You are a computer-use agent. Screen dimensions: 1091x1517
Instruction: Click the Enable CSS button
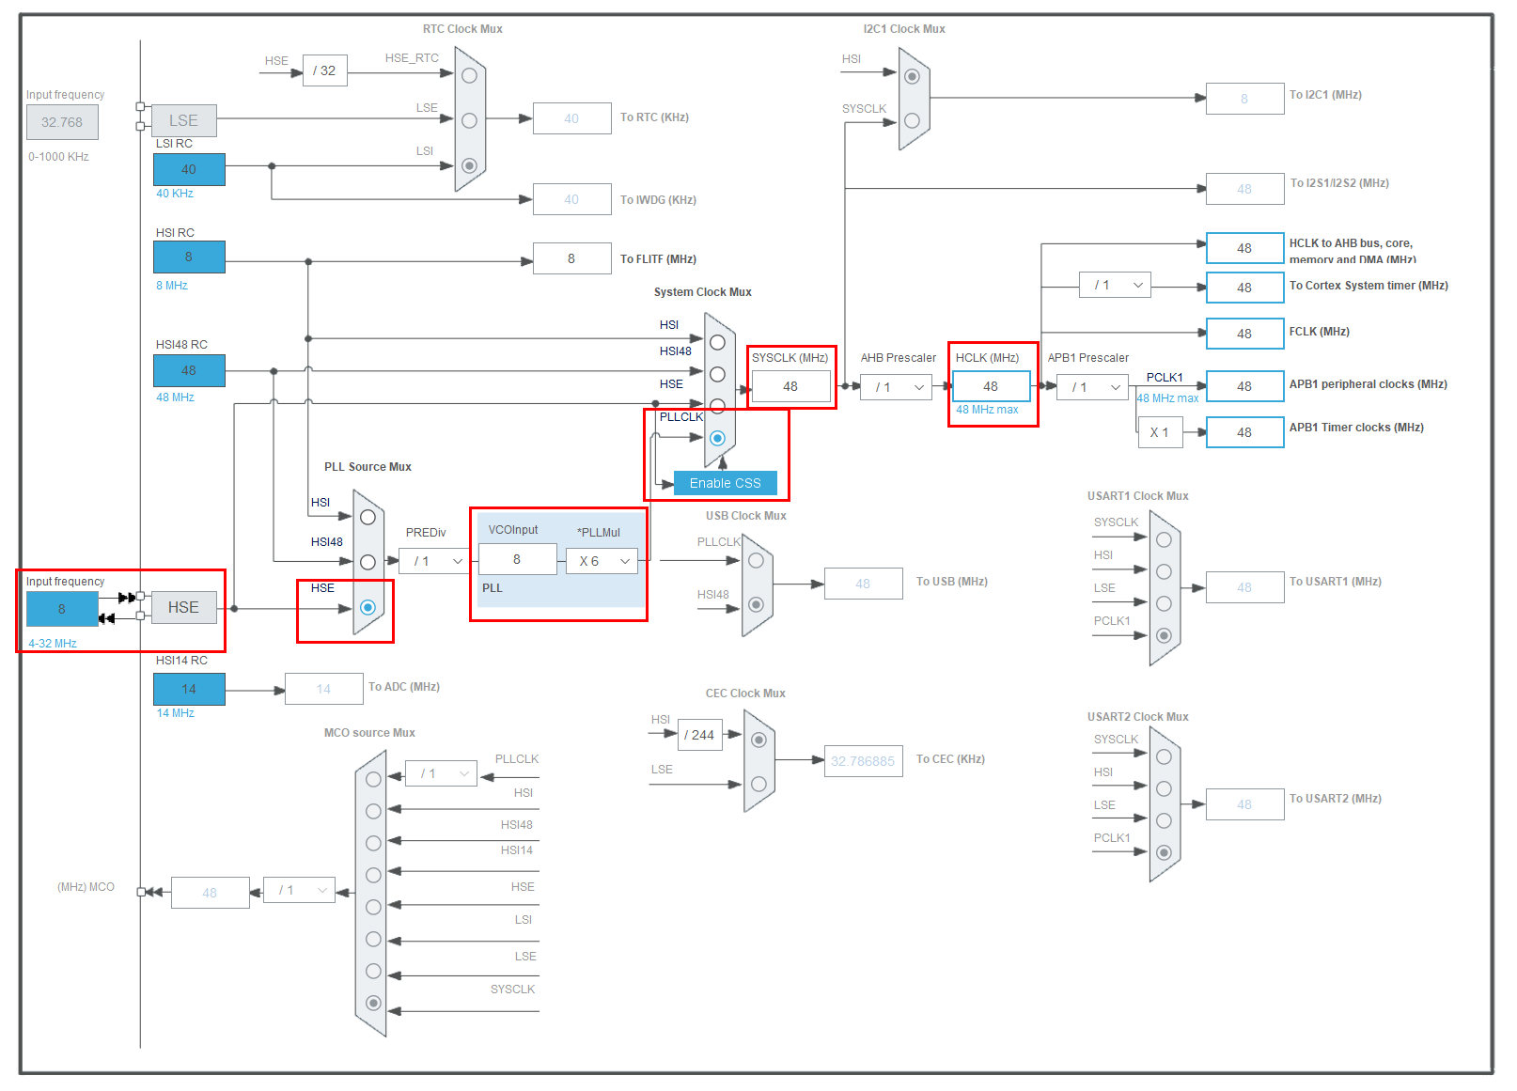click(725, 483)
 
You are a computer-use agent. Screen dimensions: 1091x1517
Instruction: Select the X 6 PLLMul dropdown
click(602, 561)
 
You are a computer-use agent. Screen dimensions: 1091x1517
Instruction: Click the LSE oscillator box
click(183, 120)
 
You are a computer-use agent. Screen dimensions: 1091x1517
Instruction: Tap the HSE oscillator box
click(183, 607)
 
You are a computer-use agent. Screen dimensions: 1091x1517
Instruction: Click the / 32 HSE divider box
click(324, 70)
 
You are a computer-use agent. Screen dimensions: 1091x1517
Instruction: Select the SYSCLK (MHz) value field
click(790, 386)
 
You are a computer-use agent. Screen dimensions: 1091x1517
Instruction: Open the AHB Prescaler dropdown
click(896, 387)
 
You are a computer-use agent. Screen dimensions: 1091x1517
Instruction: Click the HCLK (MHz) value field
click(991, 386)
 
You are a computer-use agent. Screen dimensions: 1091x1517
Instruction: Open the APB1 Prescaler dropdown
click(1092, 387)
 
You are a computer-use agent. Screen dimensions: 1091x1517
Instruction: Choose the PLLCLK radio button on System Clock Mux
click(718, 438)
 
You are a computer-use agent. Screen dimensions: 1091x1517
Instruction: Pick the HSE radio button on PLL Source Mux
click(368, 607)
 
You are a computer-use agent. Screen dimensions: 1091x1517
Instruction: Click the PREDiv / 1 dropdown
click(434, 561)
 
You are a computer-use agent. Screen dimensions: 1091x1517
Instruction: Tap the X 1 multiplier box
click(1160, 432)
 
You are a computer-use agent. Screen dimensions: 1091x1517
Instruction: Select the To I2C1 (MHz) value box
click(1244, 99)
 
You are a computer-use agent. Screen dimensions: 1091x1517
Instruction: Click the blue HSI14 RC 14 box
click(189, 689)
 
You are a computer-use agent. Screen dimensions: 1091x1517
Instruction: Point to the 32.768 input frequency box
click(62, 122)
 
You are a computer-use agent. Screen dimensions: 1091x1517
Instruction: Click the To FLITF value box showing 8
click(571, 258)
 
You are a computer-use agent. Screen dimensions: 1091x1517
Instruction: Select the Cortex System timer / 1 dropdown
click(1115, 285)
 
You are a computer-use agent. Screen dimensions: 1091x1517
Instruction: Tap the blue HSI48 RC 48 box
click(189, 370)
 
